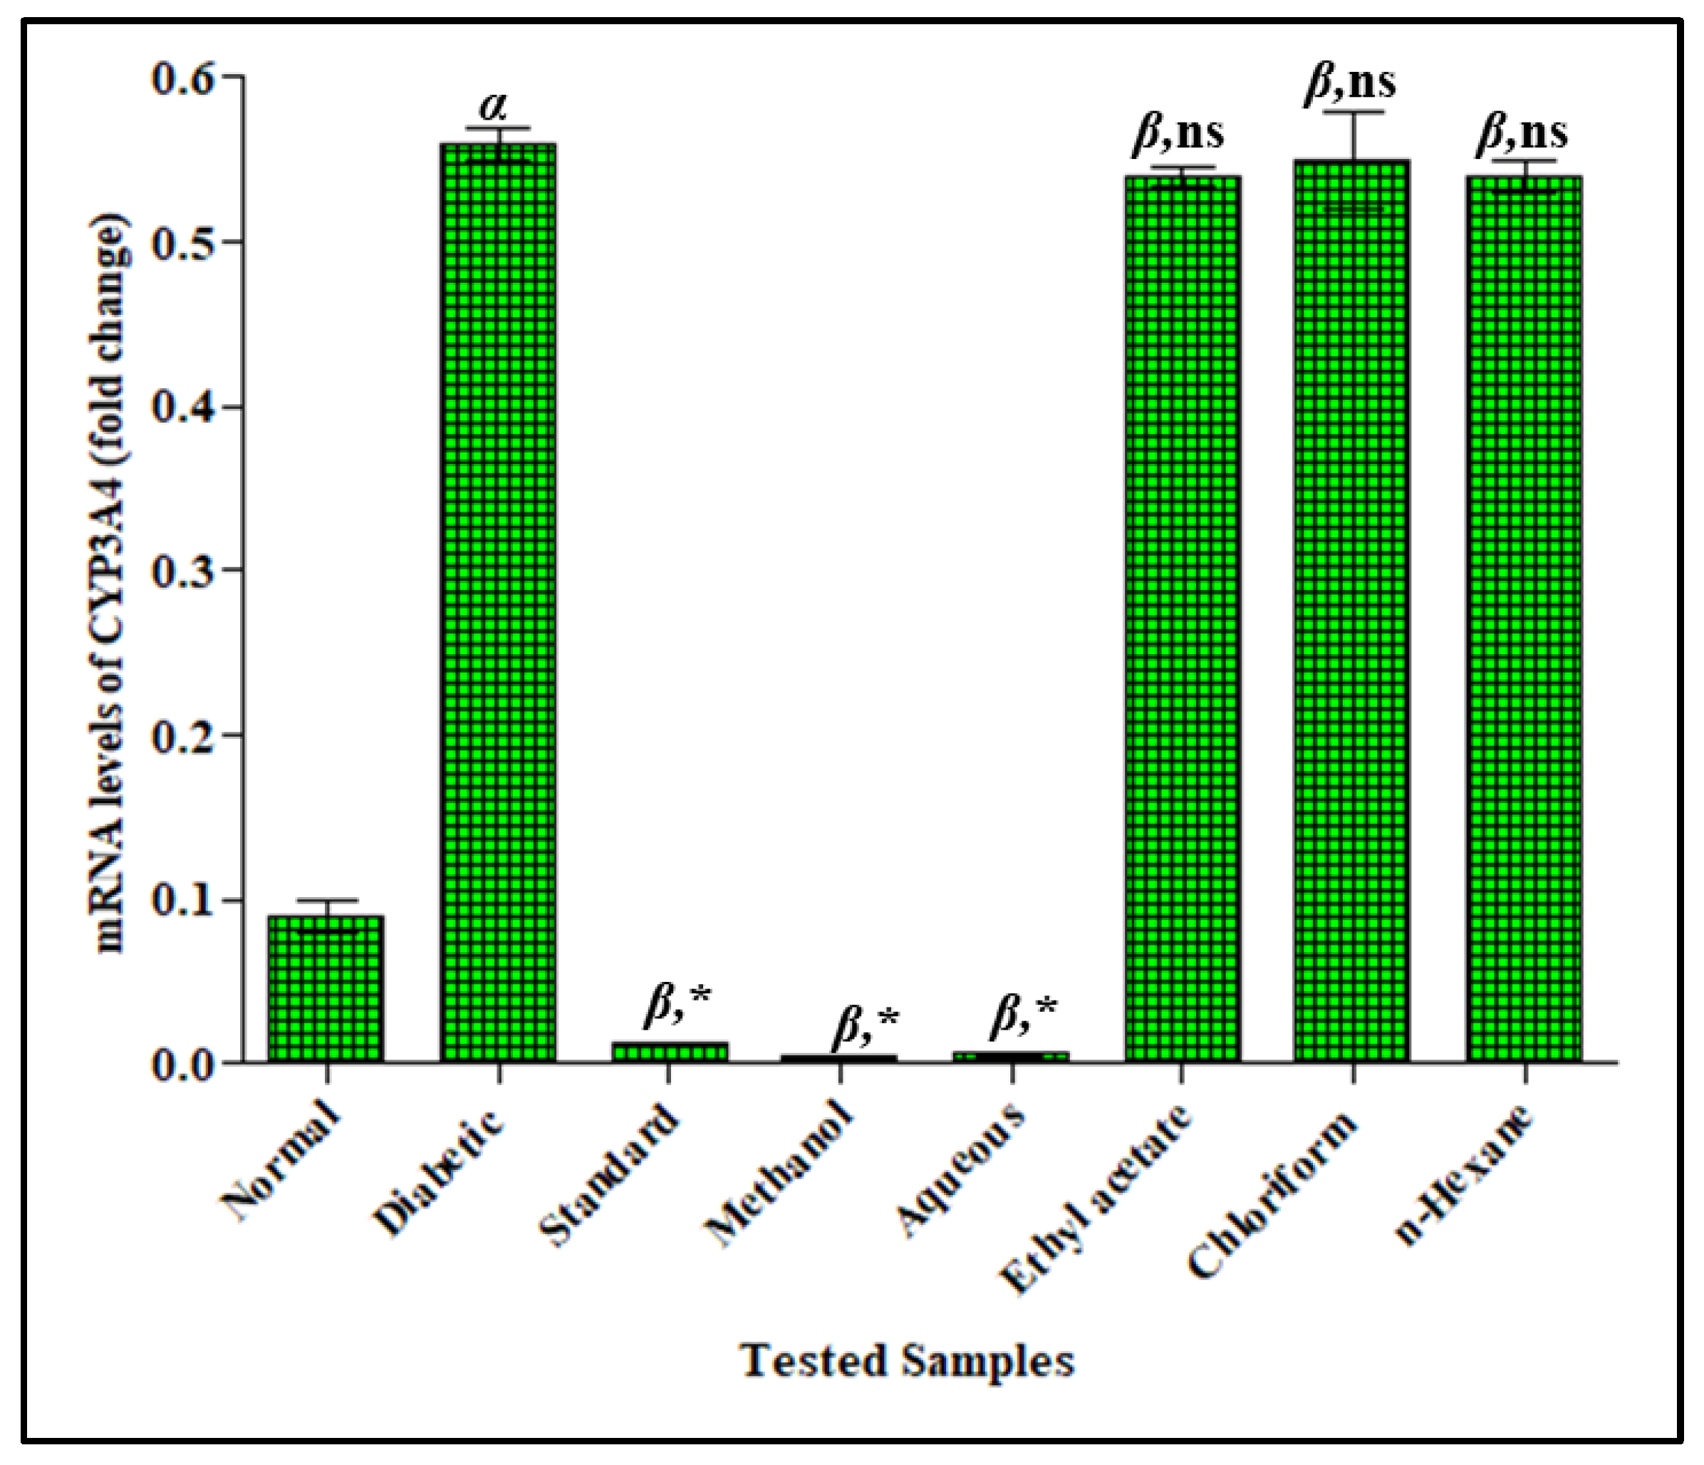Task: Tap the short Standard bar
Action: click(670, 1053)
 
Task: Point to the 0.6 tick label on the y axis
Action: click(182, 78)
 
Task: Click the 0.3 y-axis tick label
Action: click(182, 570)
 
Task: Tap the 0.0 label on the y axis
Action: click(182, 1065)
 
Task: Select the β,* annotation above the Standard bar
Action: click(676, 1005)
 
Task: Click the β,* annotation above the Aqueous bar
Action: click(1022, 1017)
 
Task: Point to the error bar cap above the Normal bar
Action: click(326, 900)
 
